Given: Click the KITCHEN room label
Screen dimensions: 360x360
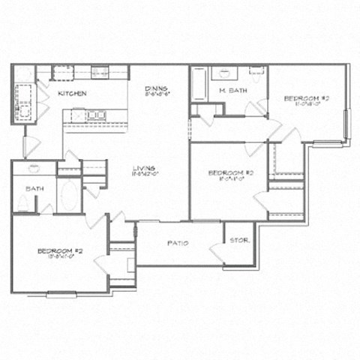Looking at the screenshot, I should [73, 93].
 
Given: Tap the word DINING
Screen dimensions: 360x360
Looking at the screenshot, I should [155, 88].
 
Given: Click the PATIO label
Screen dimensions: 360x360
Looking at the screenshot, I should [178, 243].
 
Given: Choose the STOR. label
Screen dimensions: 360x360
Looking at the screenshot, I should [239, 240].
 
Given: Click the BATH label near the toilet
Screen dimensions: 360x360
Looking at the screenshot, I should [34, 188].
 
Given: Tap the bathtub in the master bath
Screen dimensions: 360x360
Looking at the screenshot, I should [199, 84].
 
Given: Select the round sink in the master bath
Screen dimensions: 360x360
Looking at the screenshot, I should [224, 73].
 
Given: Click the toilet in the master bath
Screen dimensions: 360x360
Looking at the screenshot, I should [256, 72].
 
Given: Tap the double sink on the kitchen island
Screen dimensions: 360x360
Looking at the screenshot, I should [95, 115].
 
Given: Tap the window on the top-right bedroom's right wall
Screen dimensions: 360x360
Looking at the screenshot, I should [346, 124].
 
